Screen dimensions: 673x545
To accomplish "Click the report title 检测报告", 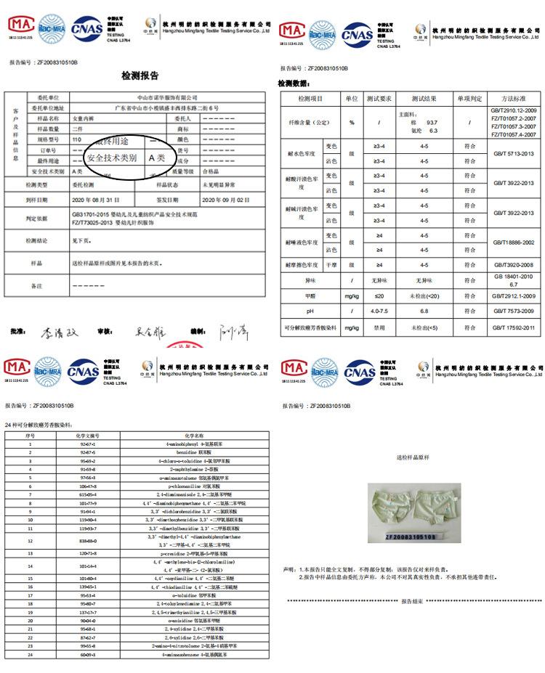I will click(x=140, y=76).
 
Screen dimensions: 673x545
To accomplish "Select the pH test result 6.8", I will click(x=424, y=311).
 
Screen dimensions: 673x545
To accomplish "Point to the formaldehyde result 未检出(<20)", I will click(x=424, y=295).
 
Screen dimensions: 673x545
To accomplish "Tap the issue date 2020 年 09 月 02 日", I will click(x=224, y=199).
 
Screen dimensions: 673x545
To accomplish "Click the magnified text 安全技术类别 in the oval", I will click(x=111, y=158).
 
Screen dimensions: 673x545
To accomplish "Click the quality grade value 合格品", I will click(x=210, y=171).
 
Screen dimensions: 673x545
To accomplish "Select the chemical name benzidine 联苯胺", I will click(x=190, y=452).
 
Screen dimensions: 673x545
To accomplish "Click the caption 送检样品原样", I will click(x=413, y=458).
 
